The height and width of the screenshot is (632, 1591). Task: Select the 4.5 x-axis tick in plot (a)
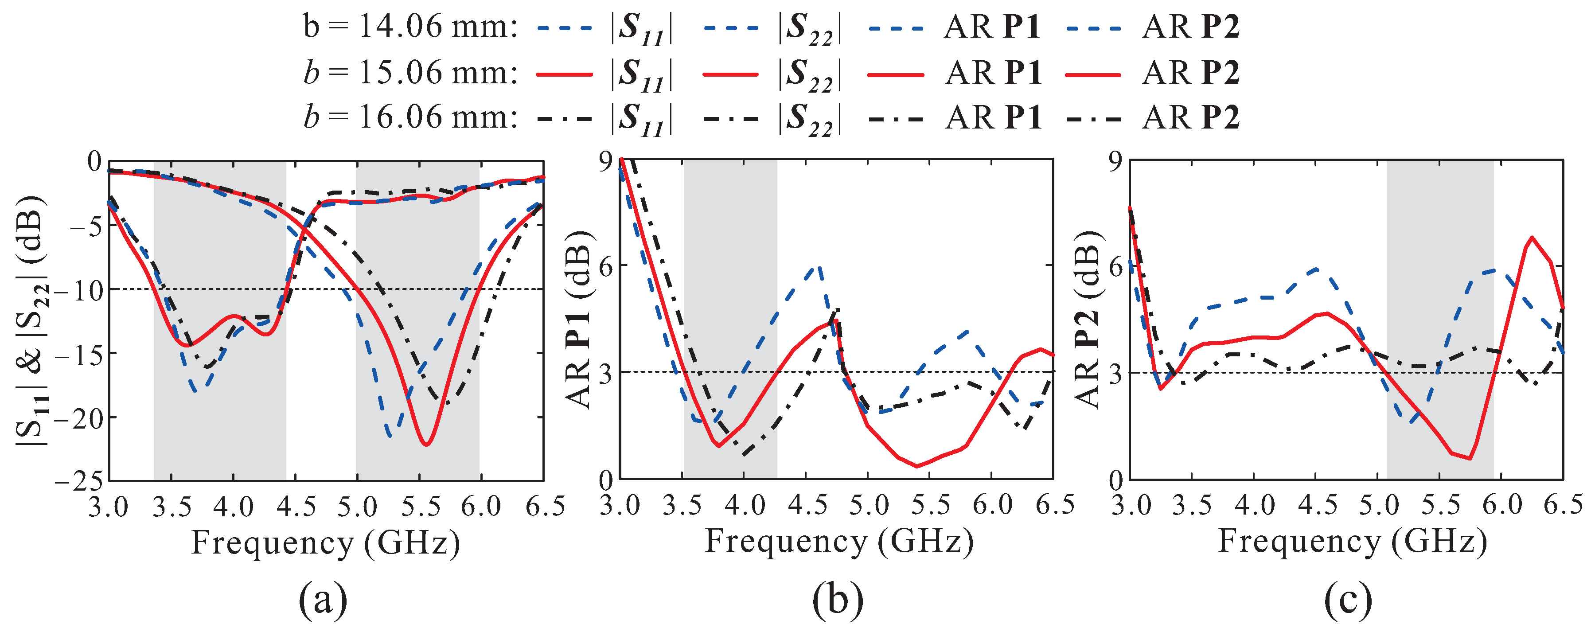[295, 507]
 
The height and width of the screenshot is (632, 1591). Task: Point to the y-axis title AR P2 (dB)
[1089, 320]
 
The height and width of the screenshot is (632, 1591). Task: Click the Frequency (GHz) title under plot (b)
[839, 541]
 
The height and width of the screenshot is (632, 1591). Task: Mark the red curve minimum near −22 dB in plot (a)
[425, 444]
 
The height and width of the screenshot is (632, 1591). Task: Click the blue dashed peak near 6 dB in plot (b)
[819, 267]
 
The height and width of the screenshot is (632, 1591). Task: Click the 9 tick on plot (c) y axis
[1115, 160]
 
